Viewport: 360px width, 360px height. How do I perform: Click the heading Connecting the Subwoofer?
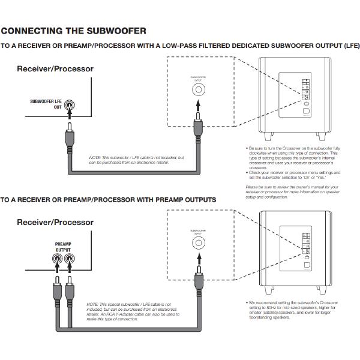(73, 31)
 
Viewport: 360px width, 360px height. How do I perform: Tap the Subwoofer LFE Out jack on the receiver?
(71, 106)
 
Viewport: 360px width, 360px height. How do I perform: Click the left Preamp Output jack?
(57, 259)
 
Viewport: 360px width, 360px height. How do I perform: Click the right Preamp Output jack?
(71, 259)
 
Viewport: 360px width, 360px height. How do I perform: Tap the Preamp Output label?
(63, 247)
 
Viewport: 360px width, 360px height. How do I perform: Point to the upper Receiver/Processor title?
(55, 69)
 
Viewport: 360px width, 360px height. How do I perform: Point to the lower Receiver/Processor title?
(55, 222)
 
